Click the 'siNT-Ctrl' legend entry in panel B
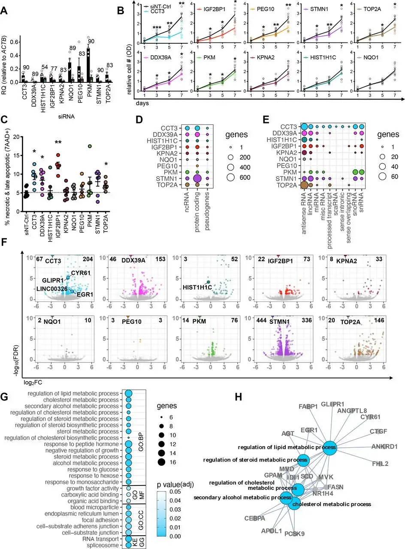157,6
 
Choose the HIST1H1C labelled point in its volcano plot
208,282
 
